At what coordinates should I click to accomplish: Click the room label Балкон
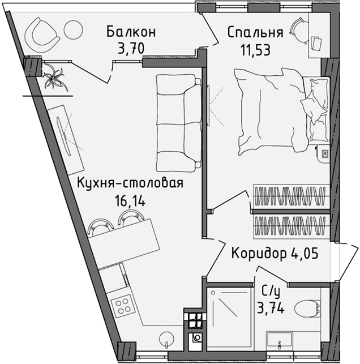tap(131, 31)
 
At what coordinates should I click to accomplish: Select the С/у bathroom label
tap(271, 292)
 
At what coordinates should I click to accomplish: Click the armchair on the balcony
tap(43, 33)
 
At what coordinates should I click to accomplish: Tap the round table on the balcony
tap(73, 29)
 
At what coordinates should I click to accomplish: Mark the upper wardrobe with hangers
tap(289, 197)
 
